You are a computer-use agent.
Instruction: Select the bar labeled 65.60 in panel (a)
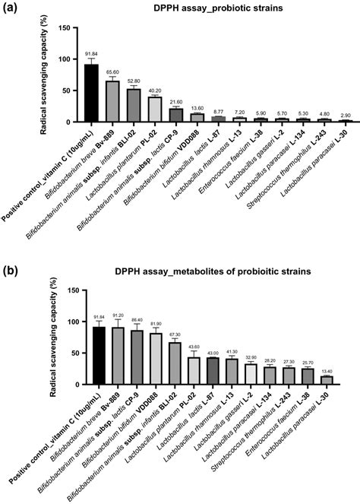(x=112, y=102)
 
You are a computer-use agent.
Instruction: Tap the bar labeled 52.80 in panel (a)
(x=134, y=106)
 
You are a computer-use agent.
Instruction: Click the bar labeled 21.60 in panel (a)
(x=176, y=116)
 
